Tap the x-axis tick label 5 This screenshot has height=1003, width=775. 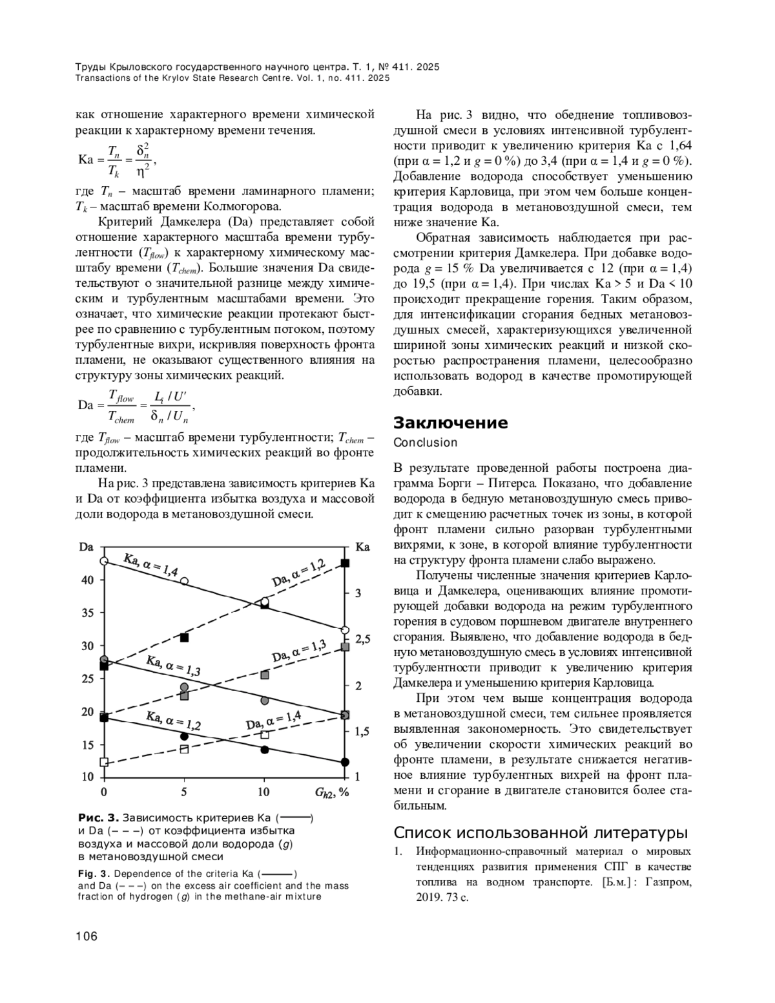click(x=184, y=792)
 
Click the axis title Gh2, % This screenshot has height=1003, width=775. click(x=331, y=792)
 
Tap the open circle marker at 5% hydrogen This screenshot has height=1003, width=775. click(x=184, y=582)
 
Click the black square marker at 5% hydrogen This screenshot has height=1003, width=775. click(x=184, y=638)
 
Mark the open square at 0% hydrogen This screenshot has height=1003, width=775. click(x=104, y=762)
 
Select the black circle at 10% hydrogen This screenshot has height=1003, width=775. click(x=264, y=750)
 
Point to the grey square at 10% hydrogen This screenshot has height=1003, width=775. click(x=264, y=675)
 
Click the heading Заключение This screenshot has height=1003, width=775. click(x=450, y=423)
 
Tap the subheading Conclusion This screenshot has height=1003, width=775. click(x=425, y=443)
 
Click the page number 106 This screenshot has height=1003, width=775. click(x=87, y=936)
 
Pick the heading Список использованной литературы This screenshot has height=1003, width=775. click(x=541, y=832)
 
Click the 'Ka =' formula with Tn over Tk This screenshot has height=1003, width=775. click(x=116, y=160)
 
